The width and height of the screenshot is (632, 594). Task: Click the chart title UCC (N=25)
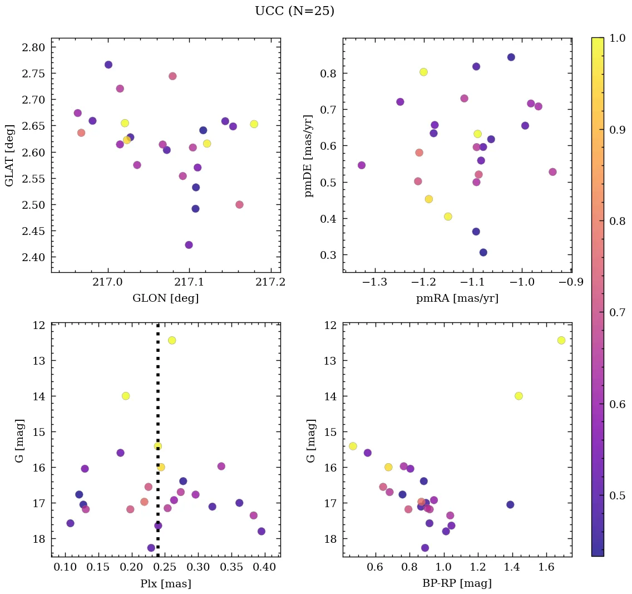click(x=294, y=11)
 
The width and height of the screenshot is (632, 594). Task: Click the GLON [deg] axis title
click(x=165, y=298)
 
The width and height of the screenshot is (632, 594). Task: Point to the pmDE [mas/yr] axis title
click(x=309, y=155)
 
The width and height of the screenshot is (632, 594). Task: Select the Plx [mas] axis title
click(x=165, y=583)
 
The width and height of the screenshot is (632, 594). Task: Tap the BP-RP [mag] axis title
click(x=457, y=583)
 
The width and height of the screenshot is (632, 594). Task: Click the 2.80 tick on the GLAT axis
click(x=33, y=47)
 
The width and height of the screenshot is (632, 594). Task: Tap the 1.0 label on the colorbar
click(x=618, y=38)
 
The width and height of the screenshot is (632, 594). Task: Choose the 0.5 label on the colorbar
click(x=618, y=495)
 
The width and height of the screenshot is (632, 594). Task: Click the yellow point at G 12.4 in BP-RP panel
click(x=561, y=340)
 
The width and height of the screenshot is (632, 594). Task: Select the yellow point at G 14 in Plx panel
click(x=126, y=396)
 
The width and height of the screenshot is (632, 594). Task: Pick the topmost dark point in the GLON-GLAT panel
click(x=108, y=65)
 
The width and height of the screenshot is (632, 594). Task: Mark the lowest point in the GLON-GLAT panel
click(x=189, y=245)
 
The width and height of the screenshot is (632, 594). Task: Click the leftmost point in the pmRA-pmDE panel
click(x=362, y=165)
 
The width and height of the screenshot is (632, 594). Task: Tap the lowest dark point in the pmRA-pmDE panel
click(x=483, y=252)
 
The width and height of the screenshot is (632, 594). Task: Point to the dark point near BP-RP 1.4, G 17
click(x=510, y=504)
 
